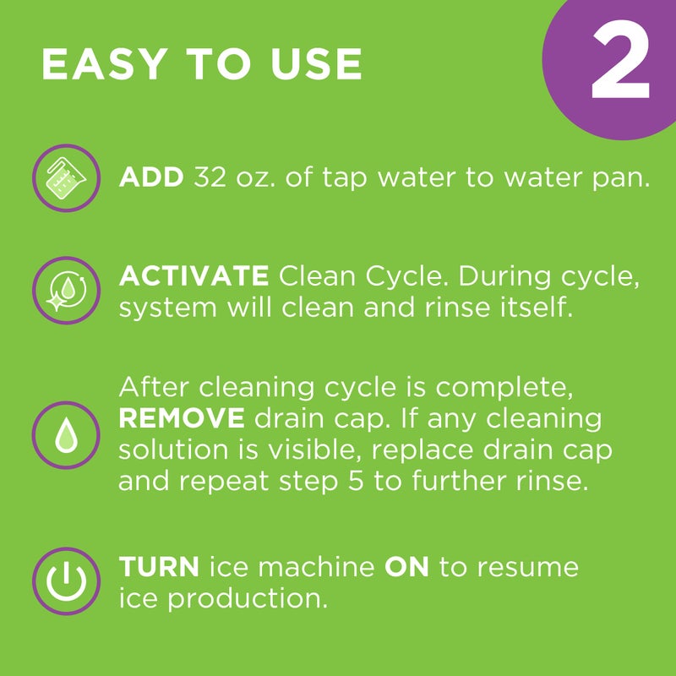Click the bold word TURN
(x=159, y=567)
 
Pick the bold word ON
(x=406, y=567)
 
